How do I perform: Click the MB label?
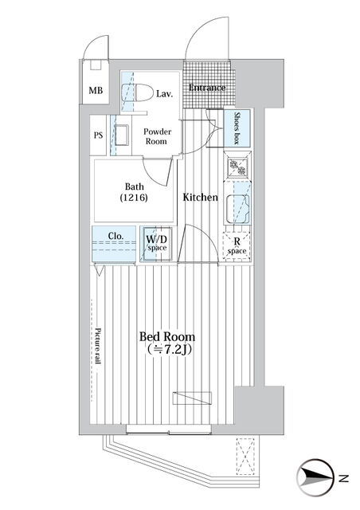pos(96,90)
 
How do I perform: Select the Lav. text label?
pos(164,94)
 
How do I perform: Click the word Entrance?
pos(207,88)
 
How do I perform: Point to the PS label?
pos(98,135)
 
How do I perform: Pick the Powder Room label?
pos(158,136)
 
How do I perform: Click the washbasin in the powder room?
pos(123,135)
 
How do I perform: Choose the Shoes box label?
pos(237,128)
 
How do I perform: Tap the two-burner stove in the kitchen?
pos(237,167)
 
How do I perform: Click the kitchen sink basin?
pos(237,209)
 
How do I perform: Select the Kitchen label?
pos(200,197)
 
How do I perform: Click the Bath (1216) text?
pos(134,192)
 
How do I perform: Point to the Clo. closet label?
pos(115,236)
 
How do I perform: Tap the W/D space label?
pos(156,243)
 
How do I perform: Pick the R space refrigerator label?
pos(237,246)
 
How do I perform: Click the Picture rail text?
pos(98,349)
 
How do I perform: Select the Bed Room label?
pos(167,336)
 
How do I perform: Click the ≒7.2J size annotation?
pos(169,349)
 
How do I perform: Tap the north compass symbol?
pos(315,478)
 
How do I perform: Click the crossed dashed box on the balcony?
pos(245,453)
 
